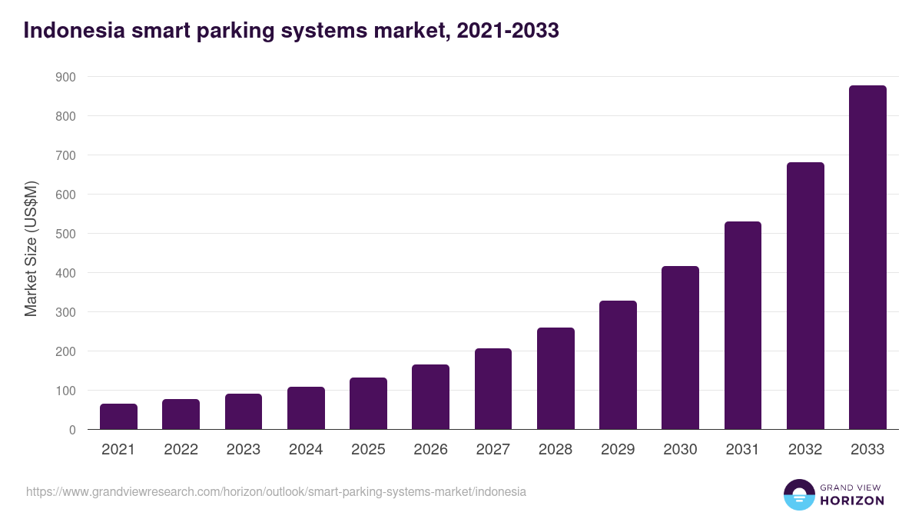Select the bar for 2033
click(x=867, y=258)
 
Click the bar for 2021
click(x=118, y=417)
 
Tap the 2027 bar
click(x=493, y=389)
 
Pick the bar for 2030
click(x=680, y=348)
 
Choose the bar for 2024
click(x=306, y=408)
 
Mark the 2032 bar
click(x=805, y=296)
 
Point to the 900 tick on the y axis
click(x=65, y=77)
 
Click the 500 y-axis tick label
click(x=65, y=234)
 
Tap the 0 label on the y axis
click(x=71, y=430)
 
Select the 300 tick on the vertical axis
click(x=65, y=312)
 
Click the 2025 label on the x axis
click(x=368, y=450)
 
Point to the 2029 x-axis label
click(x=618, y=450)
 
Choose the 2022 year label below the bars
click(x=181, y=450)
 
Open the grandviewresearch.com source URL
click(x=276, y=491)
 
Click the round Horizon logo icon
click(x=798, y=494)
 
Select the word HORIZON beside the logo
click(x=851, y=501)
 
